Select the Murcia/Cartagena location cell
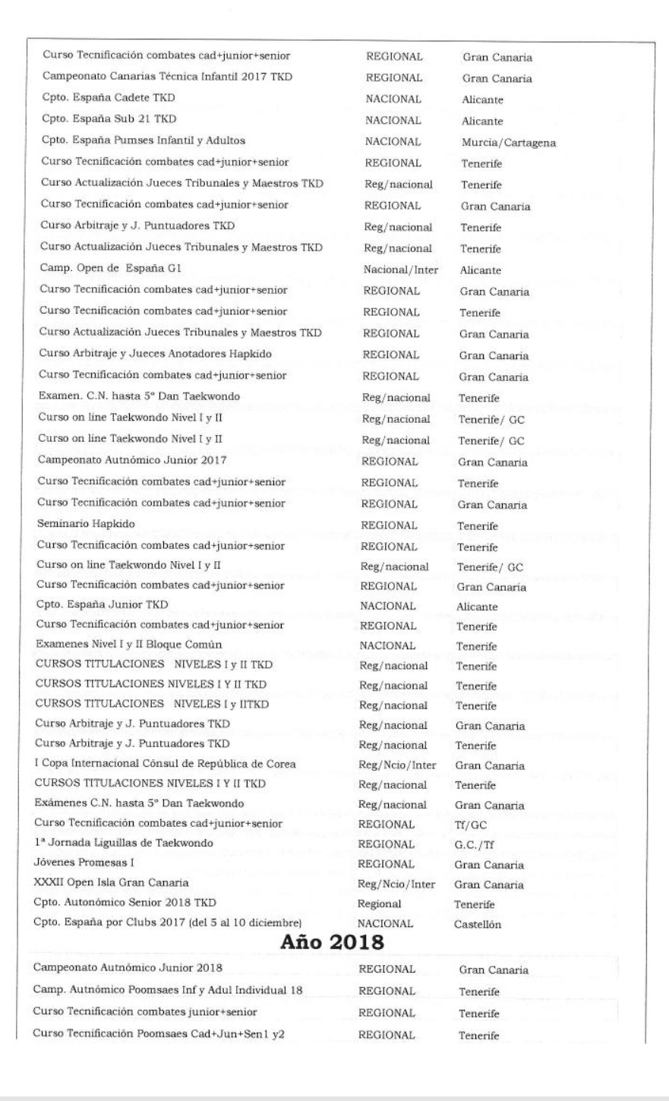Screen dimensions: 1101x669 tap(507, 143)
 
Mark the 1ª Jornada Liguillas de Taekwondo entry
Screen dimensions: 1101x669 tap(124, 843)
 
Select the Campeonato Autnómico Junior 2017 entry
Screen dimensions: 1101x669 tap(132, 460)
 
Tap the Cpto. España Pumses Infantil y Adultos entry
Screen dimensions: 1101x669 tap(143, 141)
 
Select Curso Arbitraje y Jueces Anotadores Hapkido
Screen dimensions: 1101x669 tap(155, 354)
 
